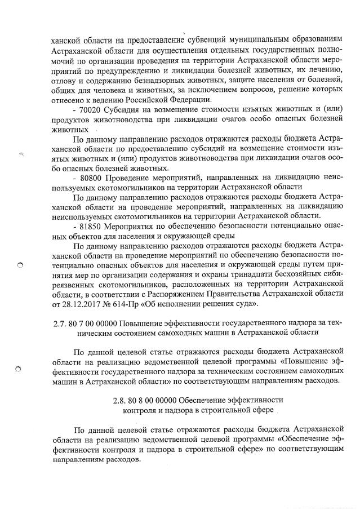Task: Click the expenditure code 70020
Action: coord(91,107)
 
